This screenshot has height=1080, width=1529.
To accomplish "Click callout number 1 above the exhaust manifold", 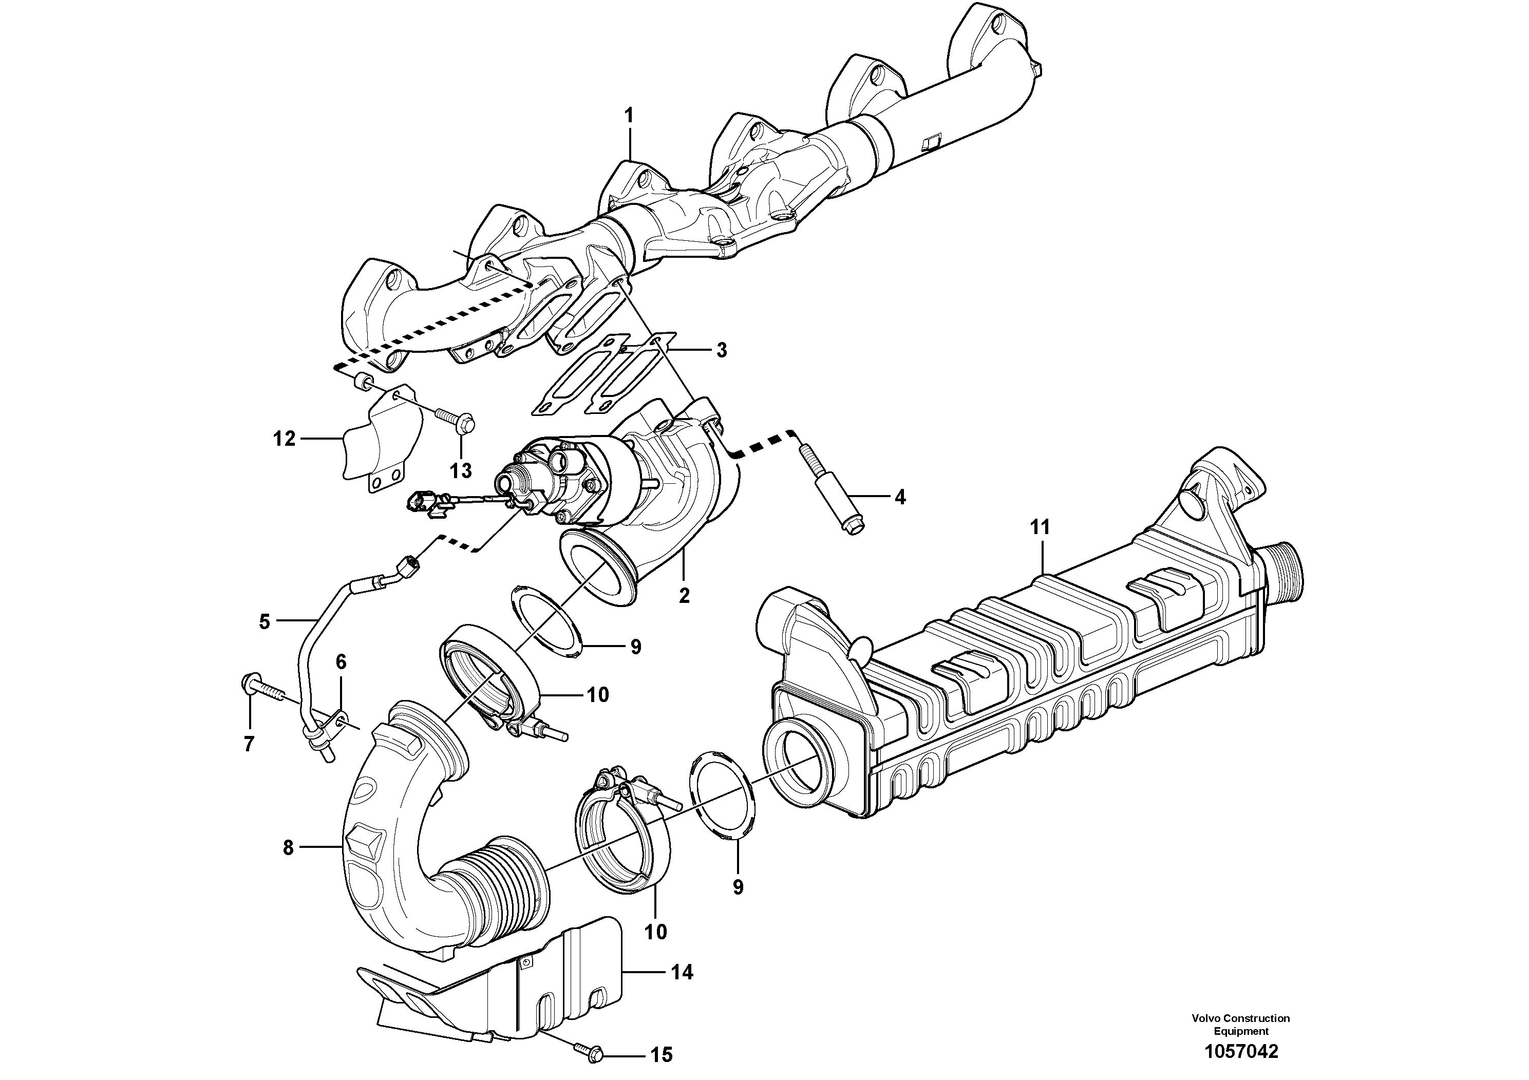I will [x=628, y=116].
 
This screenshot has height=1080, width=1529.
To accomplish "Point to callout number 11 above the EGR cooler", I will [x=1040, y=527].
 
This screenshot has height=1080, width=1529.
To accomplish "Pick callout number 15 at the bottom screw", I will [x=662, y=1055].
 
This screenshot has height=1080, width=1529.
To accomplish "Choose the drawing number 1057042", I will [x=1241, y=1052].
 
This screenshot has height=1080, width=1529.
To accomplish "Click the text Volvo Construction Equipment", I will [x=1241, y=1025].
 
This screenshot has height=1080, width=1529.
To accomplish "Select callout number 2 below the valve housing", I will [x=684, y=595].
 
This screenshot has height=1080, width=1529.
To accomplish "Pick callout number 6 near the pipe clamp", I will [x=341, y=662].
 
